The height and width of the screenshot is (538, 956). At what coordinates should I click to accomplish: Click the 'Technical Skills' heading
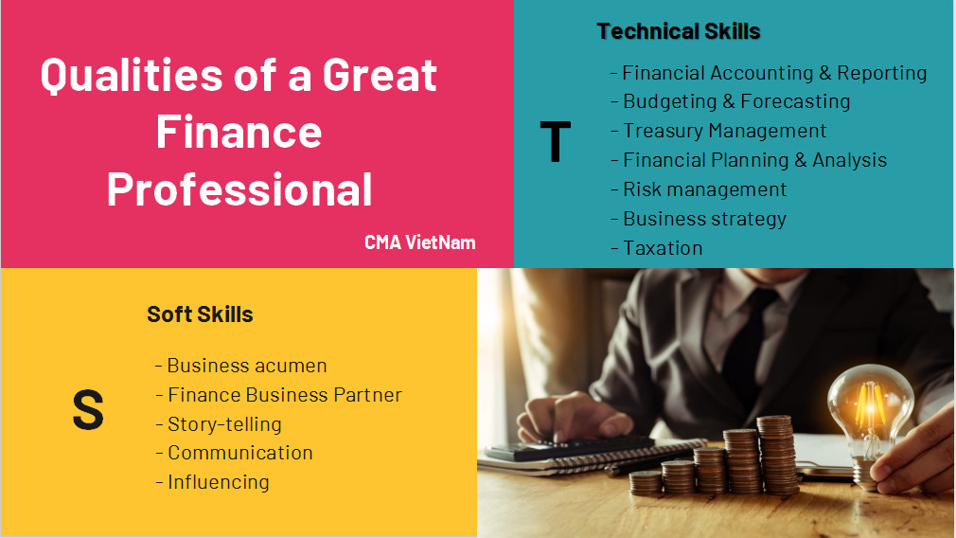(x=679, y=31)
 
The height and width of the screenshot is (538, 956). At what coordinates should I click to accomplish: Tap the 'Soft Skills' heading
(x=200, y=314)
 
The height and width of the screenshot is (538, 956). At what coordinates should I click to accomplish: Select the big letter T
(x=556, y=142)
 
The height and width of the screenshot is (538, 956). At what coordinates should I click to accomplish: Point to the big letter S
(x=88, y=411)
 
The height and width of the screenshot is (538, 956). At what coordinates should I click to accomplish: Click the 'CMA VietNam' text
(x=419, y=242)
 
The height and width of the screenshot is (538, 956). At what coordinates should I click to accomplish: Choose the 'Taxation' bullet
(x=663, y=248)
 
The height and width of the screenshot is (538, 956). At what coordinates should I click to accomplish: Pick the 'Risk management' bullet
(x=704, y=189)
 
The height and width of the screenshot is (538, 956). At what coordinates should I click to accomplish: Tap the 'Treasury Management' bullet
(x=724, y=131)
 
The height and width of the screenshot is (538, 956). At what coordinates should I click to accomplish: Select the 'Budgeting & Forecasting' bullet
(x=735, y=101)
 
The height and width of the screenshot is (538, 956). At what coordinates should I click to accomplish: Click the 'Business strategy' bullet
(x=704, y=219)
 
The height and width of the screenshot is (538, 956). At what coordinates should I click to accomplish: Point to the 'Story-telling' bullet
(x=224, y=423)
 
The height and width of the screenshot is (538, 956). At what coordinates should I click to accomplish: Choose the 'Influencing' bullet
(x=218, y=482)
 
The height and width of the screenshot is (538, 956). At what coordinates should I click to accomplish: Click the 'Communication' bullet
(x=239, y=453)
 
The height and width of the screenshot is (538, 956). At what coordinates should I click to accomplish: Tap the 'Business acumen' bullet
(x=246, y=366)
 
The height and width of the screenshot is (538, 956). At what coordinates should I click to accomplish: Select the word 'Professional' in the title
(x=239, y=188)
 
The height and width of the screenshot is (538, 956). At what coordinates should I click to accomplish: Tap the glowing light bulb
(x=870, y=402)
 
